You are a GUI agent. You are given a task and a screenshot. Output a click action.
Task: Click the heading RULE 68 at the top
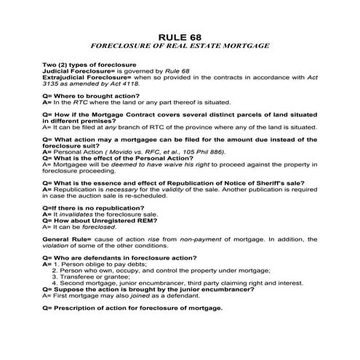180,35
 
